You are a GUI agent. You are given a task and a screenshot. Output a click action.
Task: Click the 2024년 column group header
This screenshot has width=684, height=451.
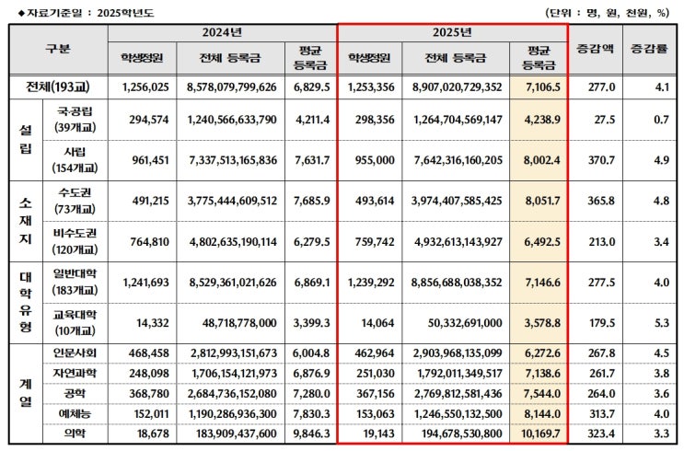pos(222,32)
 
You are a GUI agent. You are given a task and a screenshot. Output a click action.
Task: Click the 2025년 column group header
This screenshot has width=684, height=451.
pos(452,32)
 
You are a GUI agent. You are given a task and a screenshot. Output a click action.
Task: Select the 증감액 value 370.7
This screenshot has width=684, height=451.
pos(595,158)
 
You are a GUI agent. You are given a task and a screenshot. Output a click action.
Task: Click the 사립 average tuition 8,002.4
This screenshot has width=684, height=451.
pos(539,158)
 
